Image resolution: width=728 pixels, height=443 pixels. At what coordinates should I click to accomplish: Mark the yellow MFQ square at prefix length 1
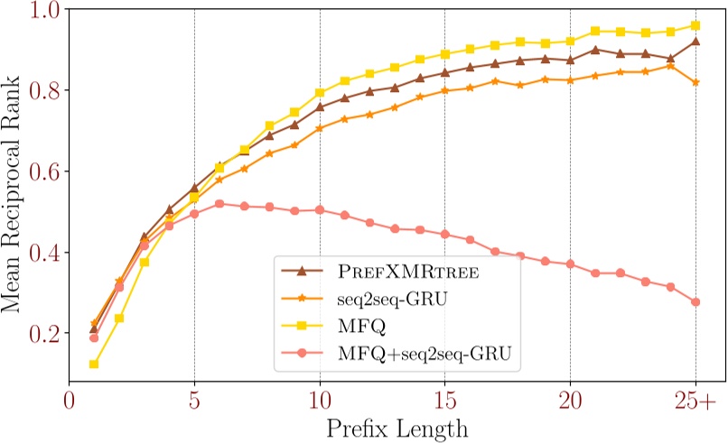94,365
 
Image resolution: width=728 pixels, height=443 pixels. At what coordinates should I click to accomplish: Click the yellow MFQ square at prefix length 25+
695,25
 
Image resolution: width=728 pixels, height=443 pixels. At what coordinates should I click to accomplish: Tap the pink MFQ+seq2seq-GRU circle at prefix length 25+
695,302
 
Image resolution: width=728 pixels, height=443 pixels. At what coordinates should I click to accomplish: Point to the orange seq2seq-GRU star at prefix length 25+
695,82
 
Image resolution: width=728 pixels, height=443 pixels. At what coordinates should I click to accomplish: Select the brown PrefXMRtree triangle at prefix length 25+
695,41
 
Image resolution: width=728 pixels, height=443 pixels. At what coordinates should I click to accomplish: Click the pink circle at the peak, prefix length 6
219,204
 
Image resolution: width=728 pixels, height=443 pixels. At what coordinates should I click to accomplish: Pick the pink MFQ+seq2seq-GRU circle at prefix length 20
570,264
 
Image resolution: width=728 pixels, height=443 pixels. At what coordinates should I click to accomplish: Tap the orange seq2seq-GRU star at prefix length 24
669,66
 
